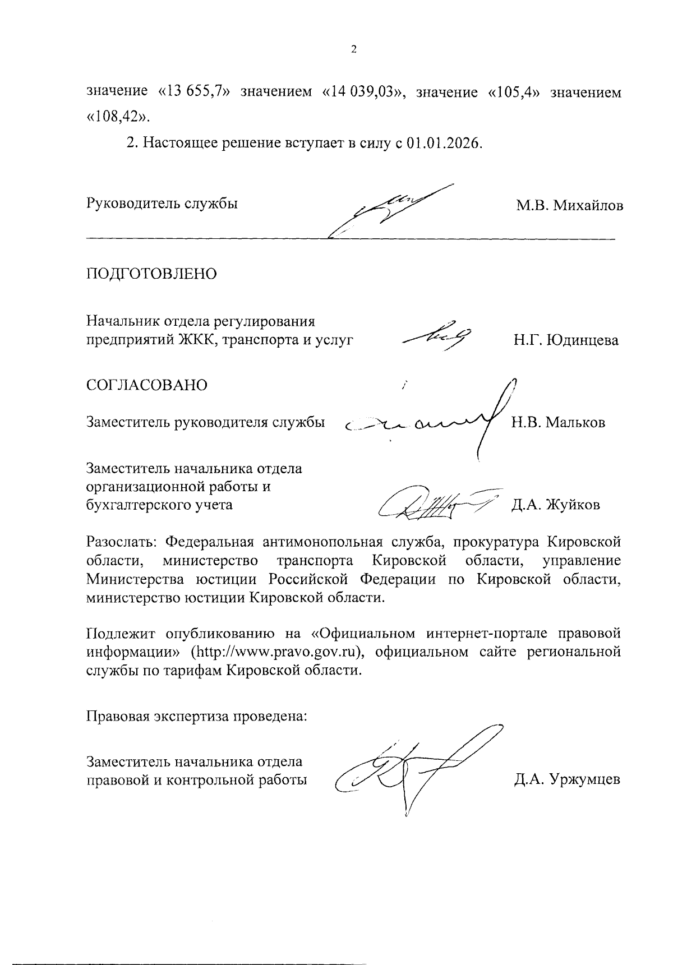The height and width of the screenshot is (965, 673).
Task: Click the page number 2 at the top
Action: click(x=353, y=50)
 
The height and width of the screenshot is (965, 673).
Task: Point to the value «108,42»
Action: click(x=118, y=117)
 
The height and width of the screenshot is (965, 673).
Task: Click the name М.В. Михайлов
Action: click(x=570, y=205)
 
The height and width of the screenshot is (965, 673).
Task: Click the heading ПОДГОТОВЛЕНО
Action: click(x=151, y=274)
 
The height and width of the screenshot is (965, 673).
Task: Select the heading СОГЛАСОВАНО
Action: click(x=147, y=385)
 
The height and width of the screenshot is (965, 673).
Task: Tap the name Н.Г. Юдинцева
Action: click(x=565, y=340)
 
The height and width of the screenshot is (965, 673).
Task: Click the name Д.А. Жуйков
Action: click(x=555, y=505)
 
